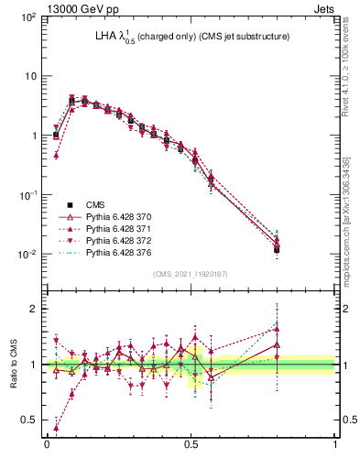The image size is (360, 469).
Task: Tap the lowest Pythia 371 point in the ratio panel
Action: [x=57, y=428]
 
